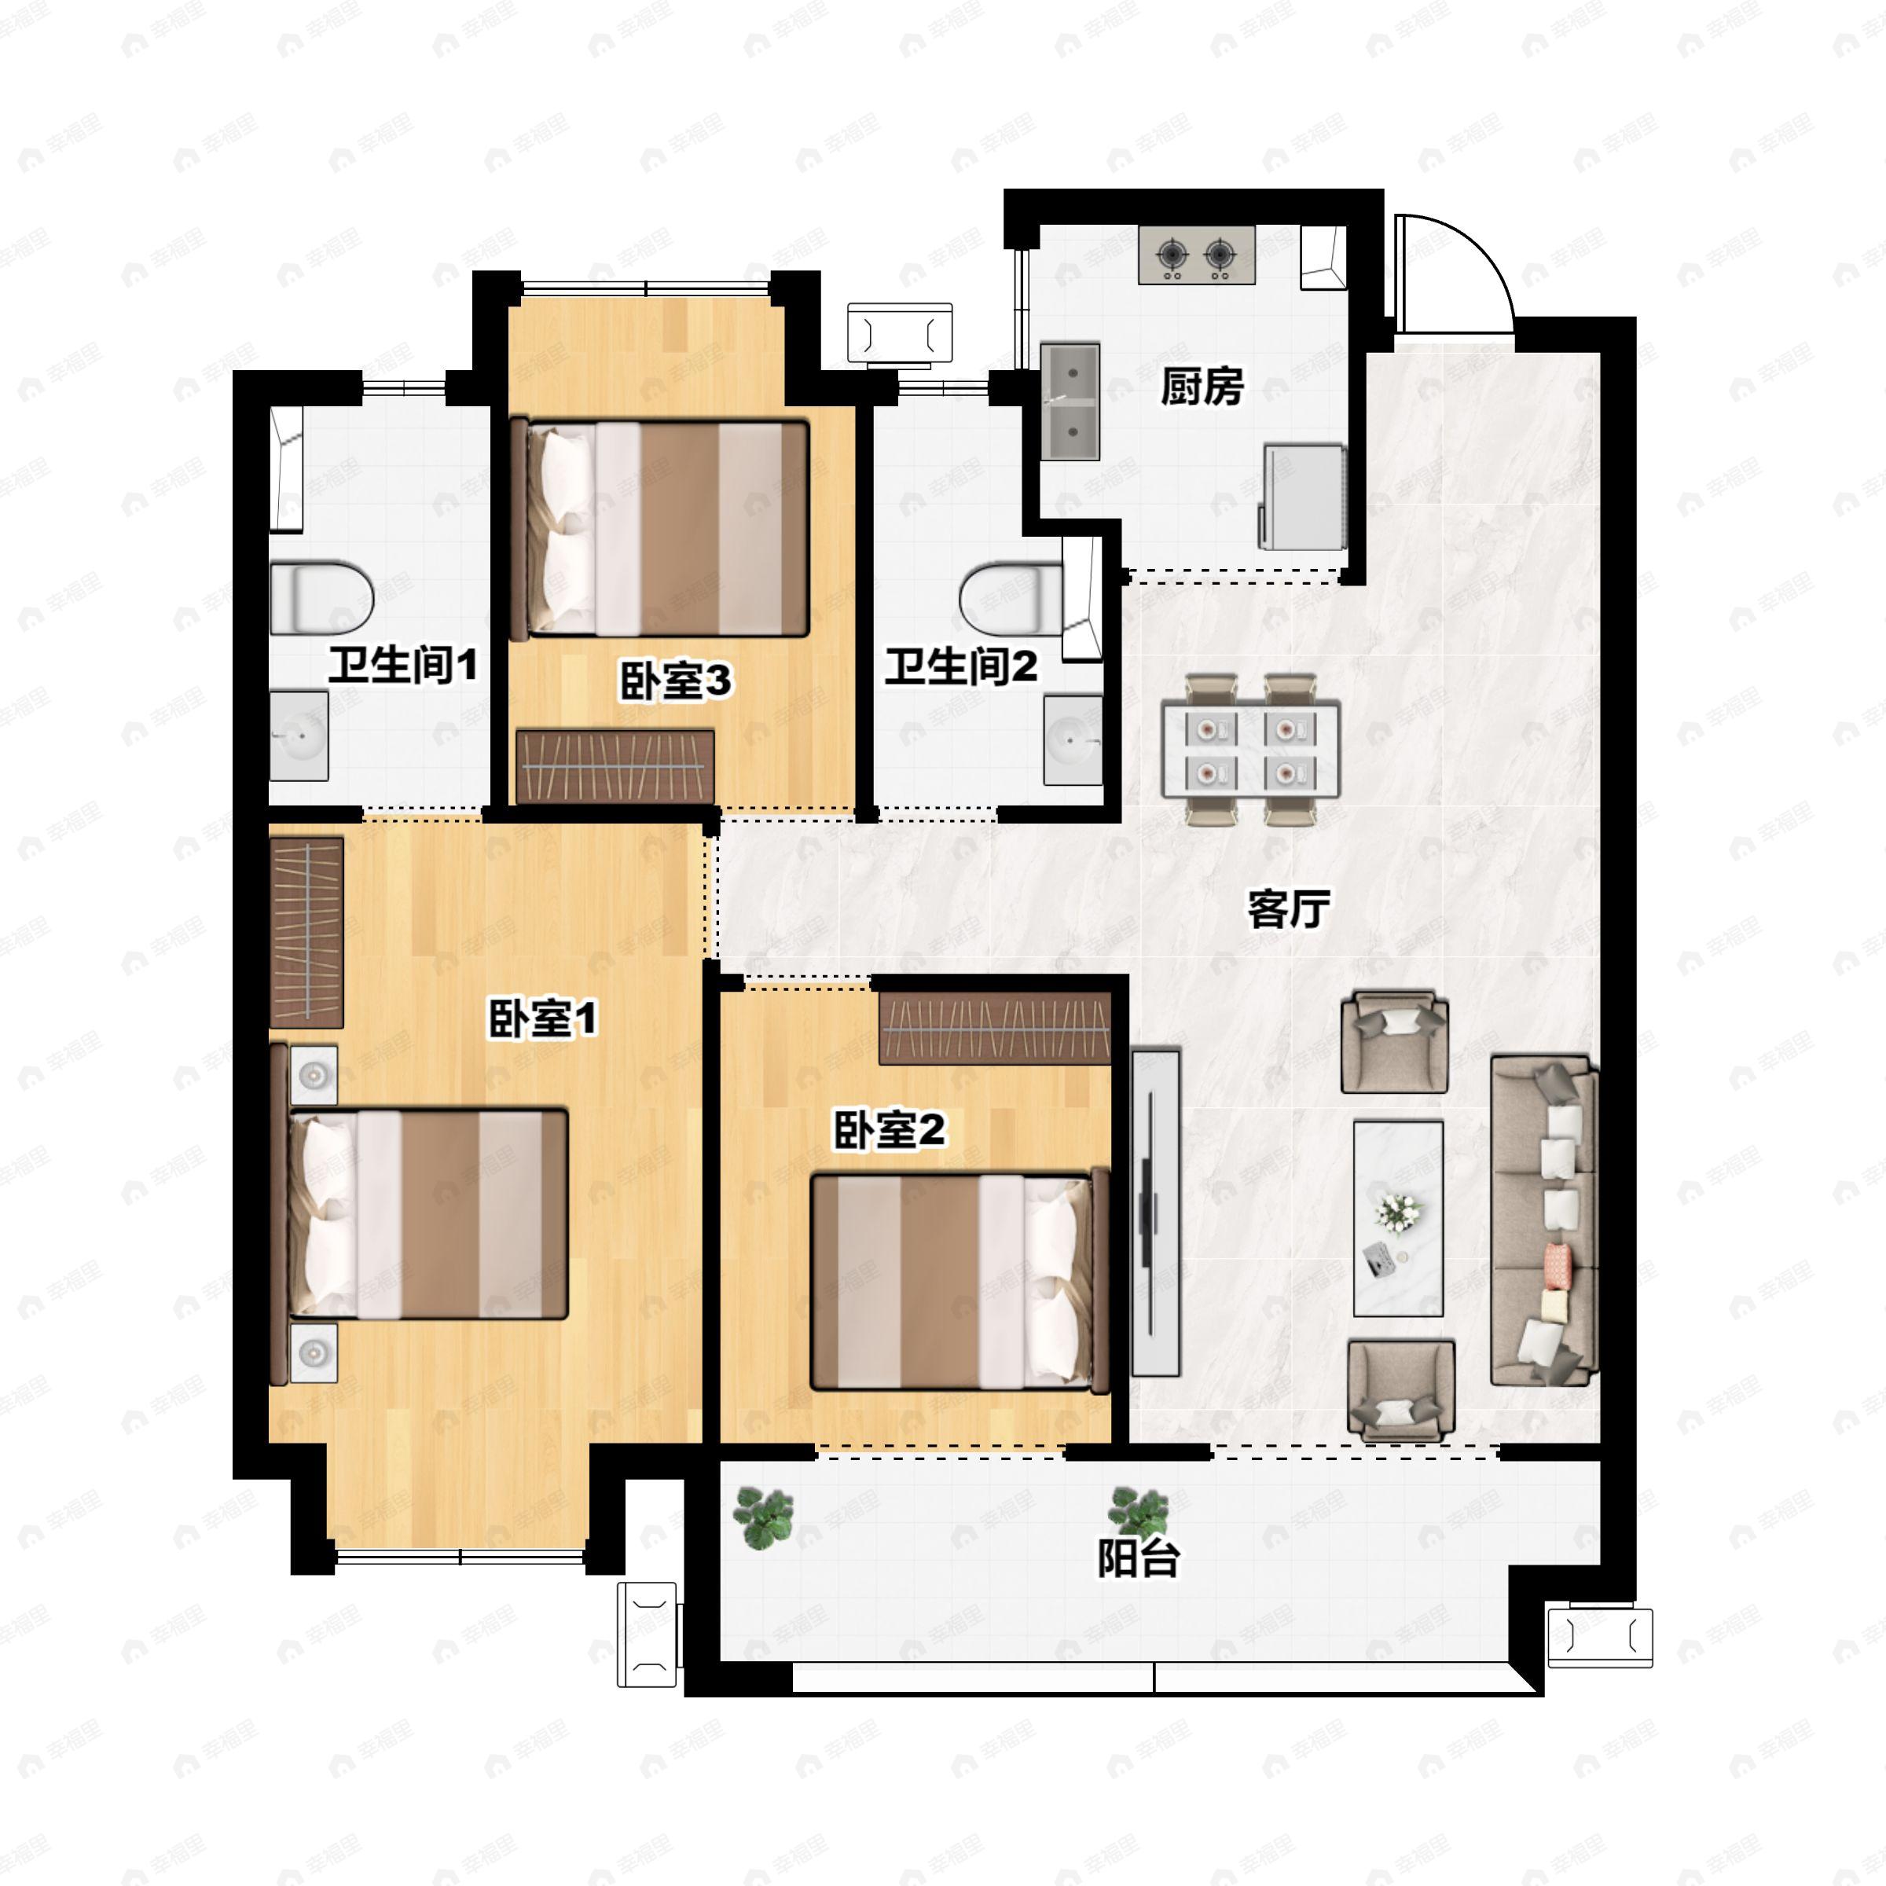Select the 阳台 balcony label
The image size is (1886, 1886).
(1138, 1559)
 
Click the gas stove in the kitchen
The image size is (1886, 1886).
(1196, 255)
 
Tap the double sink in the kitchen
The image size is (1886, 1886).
(1070, 402)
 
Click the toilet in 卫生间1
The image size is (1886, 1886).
(322, 596)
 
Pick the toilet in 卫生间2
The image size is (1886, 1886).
(1011, 597)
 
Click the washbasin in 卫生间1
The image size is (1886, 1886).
(299, 736)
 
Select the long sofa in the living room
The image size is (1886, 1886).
(1543, 1220)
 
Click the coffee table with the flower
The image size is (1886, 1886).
(1398, 1217)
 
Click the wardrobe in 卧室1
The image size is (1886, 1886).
(306, 931)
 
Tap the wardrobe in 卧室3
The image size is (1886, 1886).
(615, 766)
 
